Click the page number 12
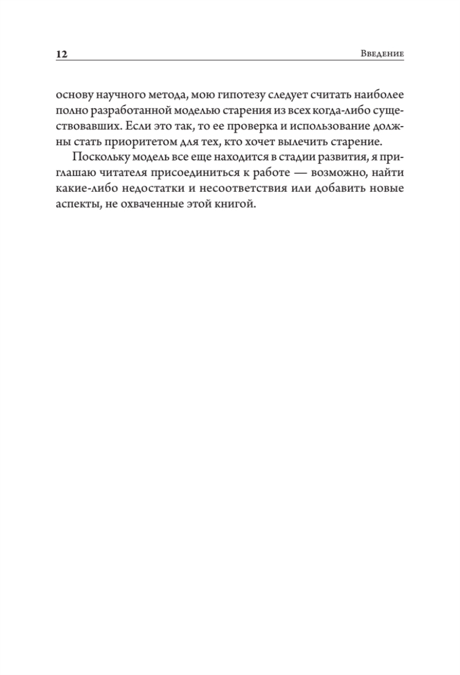click(x=62, y=55)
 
